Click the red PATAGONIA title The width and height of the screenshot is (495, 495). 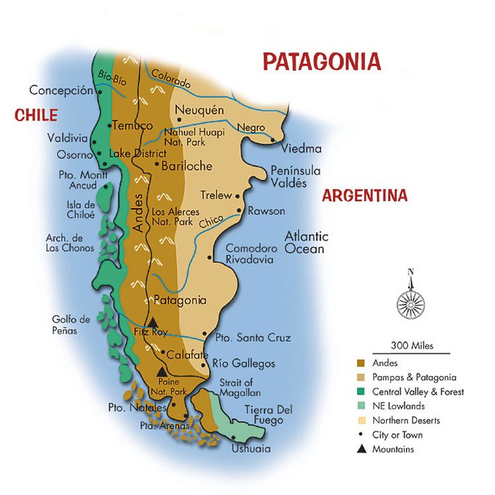(321, 61)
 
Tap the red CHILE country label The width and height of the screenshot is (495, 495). (36, 116)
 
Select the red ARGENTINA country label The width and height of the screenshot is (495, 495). (364, 196)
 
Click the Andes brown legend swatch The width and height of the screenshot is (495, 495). (361, 363)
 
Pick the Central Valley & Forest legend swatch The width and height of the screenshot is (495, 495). (361, 392)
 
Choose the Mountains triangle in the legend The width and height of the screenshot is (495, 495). (361, 449)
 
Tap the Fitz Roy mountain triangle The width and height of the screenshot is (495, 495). (152, 322)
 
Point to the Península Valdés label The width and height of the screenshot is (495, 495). (295, 176)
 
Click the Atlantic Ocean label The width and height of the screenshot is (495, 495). (306, 243)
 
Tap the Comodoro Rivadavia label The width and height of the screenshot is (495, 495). (249, 254)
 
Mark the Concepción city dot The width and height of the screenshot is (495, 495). (99, 92)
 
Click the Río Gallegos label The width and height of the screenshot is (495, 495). (244, 364)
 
